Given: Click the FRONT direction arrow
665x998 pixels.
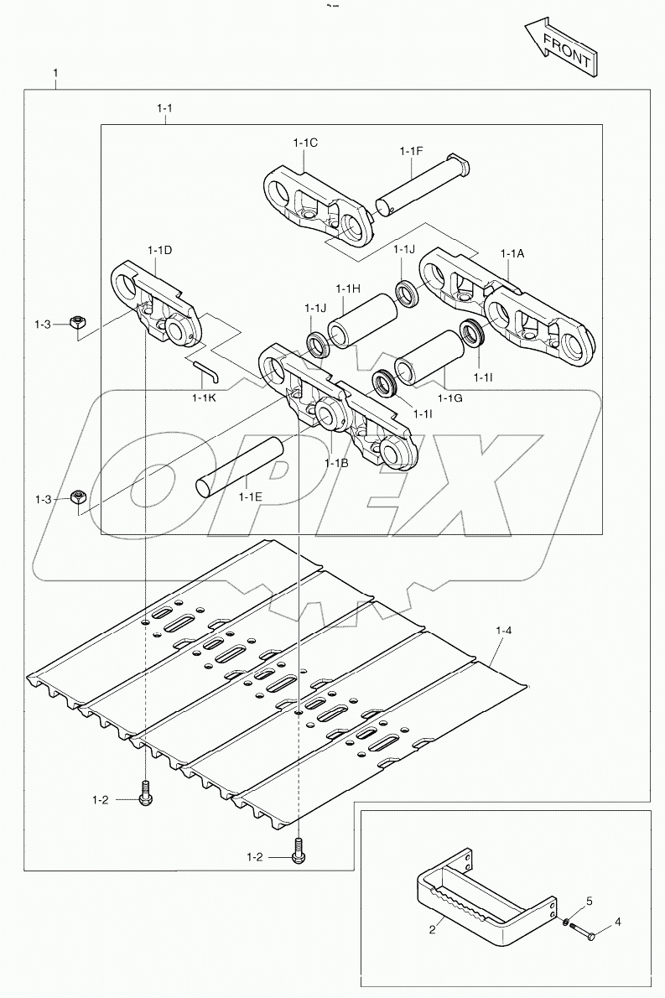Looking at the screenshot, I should pyautogui.click(x=560, y=49).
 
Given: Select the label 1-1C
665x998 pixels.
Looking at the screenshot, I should pyautogui.click(x=305, y=143).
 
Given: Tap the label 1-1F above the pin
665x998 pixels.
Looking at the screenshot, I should pyautogui.click(x=411, y=151).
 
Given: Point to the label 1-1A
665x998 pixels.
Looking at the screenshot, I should pyautogui.click(x=512, y=254).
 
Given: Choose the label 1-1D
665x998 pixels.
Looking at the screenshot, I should pyautogui.click(x=159, y=250).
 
